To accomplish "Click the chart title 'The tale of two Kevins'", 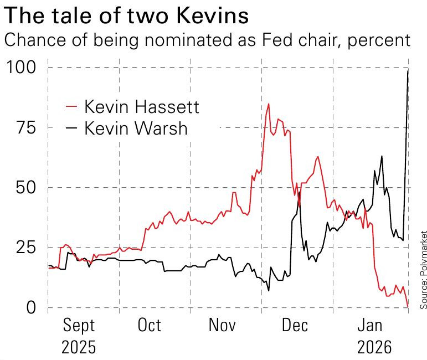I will click(x=126, y=15).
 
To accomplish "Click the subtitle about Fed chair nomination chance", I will click(x=207, y=40).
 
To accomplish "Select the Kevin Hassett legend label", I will click(x=141, y=106).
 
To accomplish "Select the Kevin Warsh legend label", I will click(x=136, y=128).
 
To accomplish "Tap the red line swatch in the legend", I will click(x=71, y=106).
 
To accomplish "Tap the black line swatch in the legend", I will click(x=71, y=128).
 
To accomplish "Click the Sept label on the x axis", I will click(x=78, y=326).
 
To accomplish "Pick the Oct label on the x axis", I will click(x=150, y=325).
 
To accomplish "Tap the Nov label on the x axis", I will click(x=222, y=325).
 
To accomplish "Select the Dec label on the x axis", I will click(x=295, y=325).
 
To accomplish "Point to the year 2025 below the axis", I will click(x=78, y=348).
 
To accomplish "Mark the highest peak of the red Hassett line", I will click(x=269, y=104).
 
